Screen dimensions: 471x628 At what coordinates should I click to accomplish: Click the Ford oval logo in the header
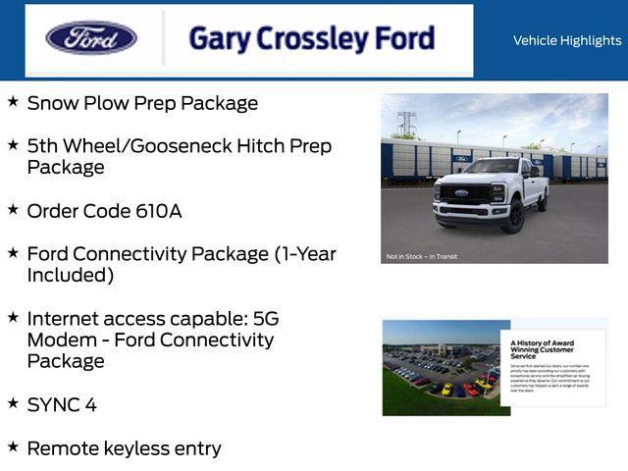point(91,38)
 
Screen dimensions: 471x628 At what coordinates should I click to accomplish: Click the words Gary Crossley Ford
point(311,38)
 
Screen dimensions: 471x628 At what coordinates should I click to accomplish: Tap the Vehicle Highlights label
point(567,40)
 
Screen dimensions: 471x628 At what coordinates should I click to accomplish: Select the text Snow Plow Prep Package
point(142,103)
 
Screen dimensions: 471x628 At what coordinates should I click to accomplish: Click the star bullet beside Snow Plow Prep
point(13,101)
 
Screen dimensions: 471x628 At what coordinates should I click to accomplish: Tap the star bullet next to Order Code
point(13,209)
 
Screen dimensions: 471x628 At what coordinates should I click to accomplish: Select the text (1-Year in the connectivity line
point(304,254)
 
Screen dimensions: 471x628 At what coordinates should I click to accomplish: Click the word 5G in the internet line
point(266,319)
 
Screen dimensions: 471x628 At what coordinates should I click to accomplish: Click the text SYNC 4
point(62,405)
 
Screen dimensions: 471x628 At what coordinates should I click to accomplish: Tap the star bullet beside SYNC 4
point(13,403)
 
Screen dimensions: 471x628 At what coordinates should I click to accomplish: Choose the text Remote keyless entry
point(124,448)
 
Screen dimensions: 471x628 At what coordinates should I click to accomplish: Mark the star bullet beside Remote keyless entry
point(13,446)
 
